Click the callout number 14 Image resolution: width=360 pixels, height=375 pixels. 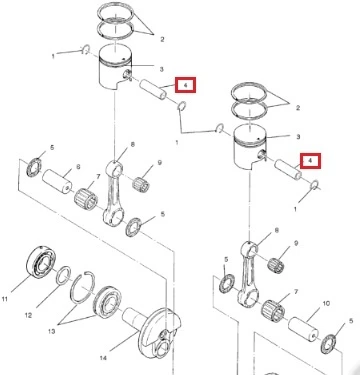coord(103,358)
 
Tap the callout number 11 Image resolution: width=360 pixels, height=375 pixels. coord(5,299)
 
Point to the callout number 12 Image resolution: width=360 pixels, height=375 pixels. coord(28,315)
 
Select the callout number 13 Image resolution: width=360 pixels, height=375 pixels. coord(51,331)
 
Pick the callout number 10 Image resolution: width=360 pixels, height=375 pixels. coord(326,304)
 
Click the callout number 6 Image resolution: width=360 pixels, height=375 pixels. coord(78,166)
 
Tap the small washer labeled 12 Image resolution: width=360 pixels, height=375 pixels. coord(63,276)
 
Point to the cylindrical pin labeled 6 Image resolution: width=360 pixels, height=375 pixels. coord(58,181)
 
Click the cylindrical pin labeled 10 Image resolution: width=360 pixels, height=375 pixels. coord(303,329)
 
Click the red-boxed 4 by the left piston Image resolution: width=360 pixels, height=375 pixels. coord(186,85)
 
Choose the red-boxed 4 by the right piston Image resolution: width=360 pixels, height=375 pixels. coord(310,161)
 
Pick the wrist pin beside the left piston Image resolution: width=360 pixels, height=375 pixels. coord(153,89)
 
